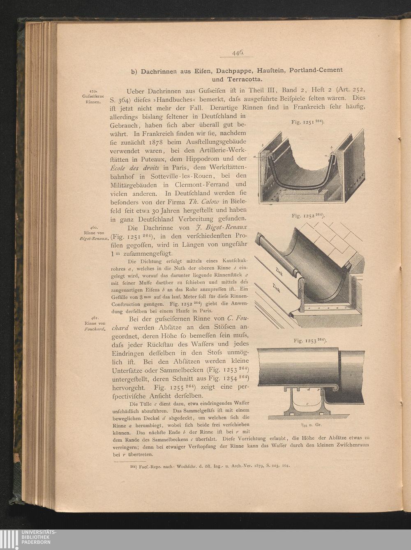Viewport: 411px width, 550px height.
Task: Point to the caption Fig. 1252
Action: [x=308, y=215]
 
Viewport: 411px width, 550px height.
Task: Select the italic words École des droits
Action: [x=135, y=167]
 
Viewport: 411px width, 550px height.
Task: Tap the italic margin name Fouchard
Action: [x=95, y=329]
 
